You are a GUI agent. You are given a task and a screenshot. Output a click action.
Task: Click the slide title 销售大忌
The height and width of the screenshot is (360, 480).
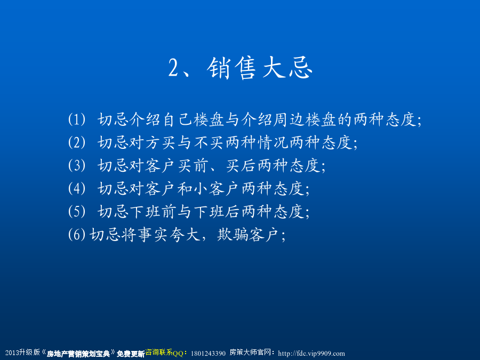[x=260, y=68]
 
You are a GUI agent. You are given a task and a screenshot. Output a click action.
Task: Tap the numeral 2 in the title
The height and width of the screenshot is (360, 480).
[x=173, y=68]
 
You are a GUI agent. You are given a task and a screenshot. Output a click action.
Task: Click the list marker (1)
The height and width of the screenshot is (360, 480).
[x=76, y=119]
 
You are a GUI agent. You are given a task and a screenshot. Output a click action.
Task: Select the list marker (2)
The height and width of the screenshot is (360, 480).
[x=76, y=142]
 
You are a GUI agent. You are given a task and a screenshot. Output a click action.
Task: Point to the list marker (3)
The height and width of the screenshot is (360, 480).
[x=76, y=165]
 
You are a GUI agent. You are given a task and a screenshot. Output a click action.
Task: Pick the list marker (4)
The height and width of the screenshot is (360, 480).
[x=76, y=188]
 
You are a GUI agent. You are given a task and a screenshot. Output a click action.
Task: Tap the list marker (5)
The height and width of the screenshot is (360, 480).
[x=76, y=211]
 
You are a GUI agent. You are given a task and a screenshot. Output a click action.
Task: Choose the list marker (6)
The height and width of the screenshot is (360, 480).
[x=76, y=235]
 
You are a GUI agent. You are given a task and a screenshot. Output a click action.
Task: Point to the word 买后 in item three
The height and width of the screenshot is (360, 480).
[x=241, y=165]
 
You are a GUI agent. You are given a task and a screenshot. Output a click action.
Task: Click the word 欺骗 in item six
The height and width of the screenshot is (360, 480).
[x=233, y=235]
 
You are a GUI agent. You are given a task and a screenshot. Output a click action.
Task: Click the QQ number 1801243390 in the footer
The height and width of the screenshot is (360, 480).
[x=208, y=353]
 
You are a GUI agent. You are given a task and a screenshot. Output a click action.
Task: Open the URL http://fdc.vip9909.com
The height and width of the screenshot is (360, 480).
[x=311, y=353]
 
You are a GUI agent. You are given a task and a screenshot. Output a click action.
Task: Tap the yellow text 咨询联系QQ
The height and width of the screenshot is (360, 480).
[x=164, y=353]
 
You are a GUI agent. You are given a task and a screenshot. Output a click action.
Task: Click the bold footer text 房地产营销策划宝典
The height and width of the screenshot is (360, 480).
[x=78, y=354]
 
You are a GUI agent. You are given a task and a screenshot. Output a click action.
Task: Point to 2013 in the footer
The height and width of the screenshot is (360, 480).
[x=12, y=353]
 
